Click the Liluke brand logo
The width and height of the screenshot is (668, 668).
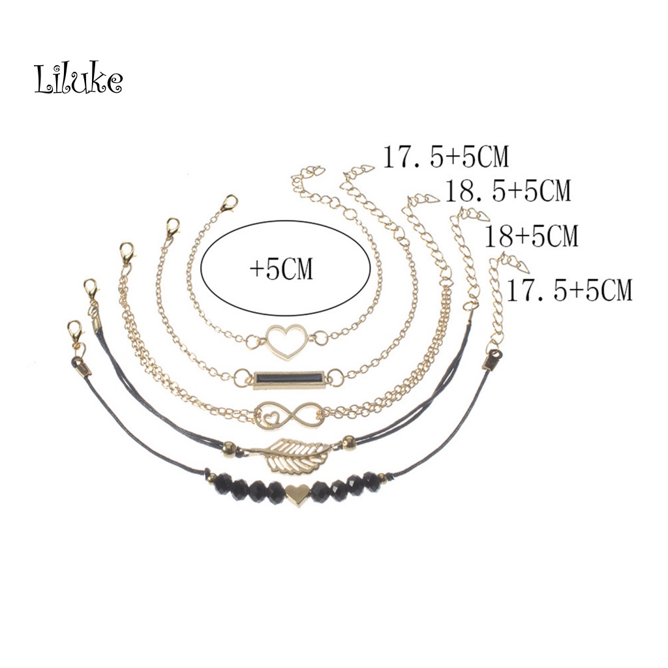point(79,78)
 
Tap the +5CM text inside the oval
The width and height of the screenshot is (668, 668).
point(282,269)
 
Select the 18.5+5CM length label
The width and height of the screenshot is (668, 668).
point(508,190)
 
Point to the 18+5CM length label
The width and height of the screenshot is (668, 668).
point(532,235)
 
